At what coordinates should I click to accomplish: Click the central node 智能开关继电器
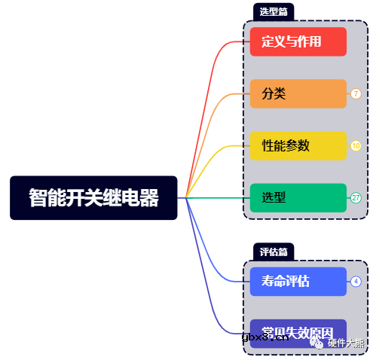pyautogui.click(x=93, y=197)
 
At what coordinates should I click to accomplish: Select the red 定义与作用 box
pyautogui.click(x=298, y=41)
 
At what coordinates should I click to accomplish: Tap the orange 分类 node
pyautogui.click(x=298, y=93)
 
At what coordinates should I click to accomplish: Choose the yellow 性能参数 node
pyautogui.click(x=298, y=145)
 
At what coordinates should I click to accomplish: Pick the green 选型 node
pyautogui.click(x=298, y=197)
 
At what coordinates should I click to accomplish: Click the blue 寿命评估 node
pyautogui.click(x=298, y=282)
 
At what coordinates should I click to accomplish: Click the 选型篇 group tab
pyautogui.click(x=274, y=11)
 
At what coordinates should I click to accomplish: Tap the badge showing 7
pyautogui.click(x=356, y=93)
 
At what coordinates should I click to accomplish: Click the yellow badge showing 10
pyautogui.click(x=356, y=145)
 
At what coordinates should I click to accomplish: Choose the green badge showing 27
pyautogui.click(x=356, y=197)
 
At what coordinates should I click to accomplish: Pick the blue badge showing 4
pyautogui.click(x=356, y=282)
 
